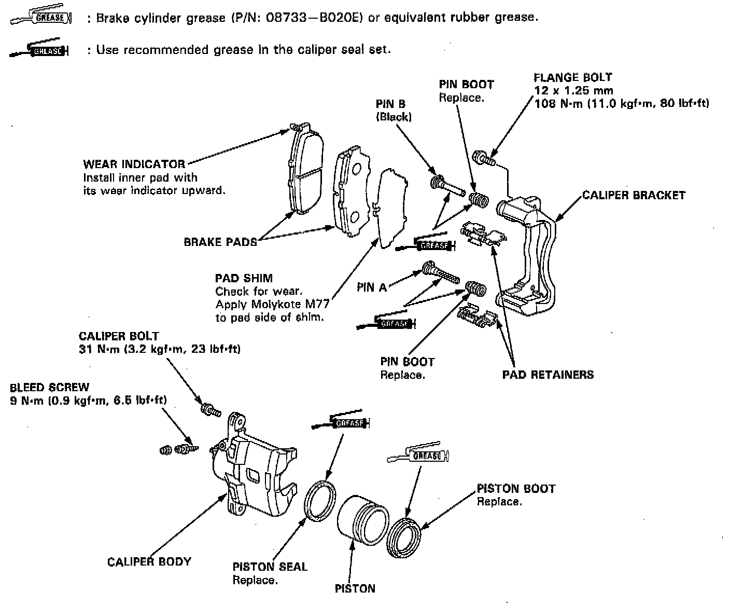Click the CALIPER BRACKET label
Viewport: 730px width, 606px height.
pyautogui.click(x=634, y=196)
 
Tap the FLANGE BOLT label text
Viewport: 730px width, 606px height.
pyautogui.click(x=573, y=78)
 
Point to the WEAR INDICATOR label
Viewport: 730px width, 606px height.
pyautogui.click(x=134, y=164)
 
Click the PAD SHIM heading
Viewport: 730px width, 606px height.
pyautogui.click(x=244, y=279)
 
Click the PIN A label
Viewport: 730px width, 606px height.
pyautogui.click(x=372, y=287)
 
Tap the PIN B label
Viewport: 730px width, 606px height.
pyautogui.click(x=390, y=104)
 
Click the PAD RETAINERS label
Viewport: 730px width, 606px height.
pyautogui.click(x=547, y=375)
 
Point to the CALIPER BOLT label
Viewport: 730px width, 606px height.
pyautogui.click(x=119, y=336)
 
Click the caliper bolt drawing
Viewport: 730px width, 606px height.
pyautogui.click(x=210, y=409)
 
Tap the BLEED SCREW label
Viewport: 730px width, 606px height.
pyautogui.click(x=49, y=387)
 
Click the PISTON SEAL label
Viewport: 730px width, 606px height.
pyautogui.click(x=270, y=567)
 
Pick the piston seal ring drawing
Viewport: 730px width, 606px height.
pyautogui.click(x=320, y=500)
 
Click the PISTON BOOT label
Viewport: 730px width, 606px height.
pyautogui.click(x=515, y=488)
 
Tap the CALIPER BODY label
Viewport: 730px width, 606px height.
pyautogui.click(x=149, y=561)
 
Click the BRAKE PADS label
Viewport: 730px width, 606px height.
pyautogui.click(x=220, y=242)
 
